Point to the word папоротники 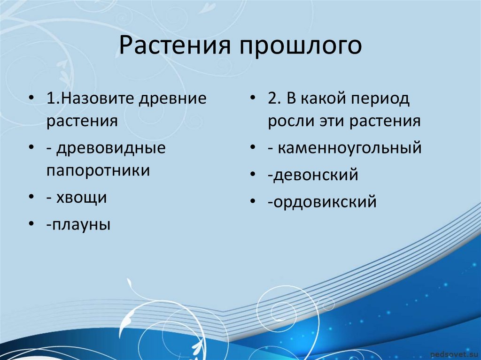pyautogui.click(x=98, y=171)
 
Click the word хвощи pyautogui.click(x=82, y=198)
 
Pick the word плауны pyautogui.click(x=81, y=225)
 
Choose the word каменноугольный pyautogui.click(x=349, y=148)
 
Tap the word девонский pyautogui.click(x=316, y=175)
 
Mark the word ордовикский pyautogui.click(x=325, y=202)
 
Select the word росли pyautogui.click(x=291, y=122)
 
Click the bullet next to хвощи pyautogui.click(x=31, y=197)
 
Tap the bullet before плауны pyautogui.click(x=31, y=224)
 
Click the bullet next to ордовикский pyautogui.click(x=253, y=201)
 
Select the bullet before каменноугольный pyautogui.click(x=253, y=147)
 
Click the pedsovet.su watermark pyautogui.click(x=454, y=354)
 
